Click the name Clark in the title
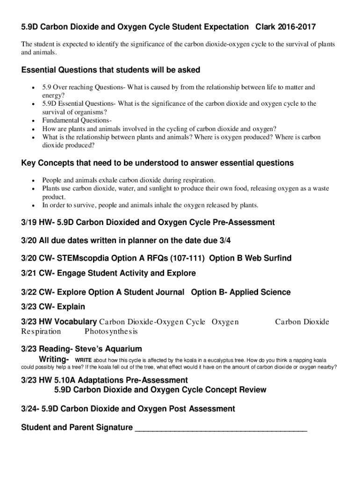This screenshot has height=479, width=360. pyautogui.click(x=265, y=27)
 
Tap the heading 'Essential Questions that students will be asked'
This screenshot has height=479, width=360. pyautogui.click(x=111, y=70)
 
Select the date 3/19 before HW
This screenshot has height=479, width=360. pyautogui.click(x=29, y=222)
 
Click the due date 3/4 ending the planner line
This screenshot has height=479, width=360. pyautogui.click(x=225, y=240)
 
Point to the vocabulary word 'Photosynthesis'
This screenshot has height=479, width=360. pyautogui.click(x=111, y=332)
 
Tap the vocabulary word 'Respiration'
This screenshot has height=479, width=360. pyautogui.click(x=41, y=332)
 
